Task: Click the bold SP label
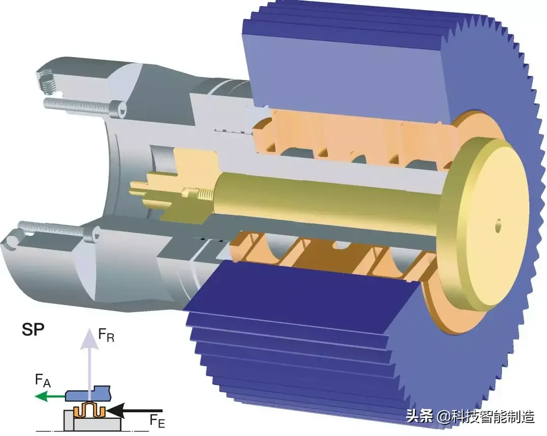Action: coord(33,330)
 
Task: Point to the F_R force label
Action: coord(106,335)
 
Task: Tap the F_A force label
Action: coord(43,380)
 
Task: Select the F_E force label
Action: coord(157,420)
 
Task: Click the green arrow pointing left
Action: coord(50,396)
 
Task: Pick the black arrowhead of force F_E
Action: coord(115,411)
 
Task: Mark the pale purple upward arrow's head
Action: coord(90,339)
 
